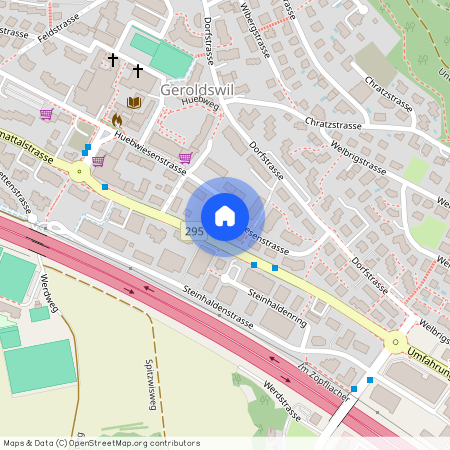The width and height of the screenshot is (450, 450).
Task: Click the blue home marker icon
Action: pos(225,216)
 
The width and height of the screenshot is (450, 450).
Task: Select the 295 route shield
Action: pos(193,231)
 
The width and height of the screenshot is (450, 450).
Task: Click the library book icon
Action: pos(134,102)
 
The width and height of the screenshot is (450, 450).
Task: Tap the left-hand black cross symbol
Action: pos(113,60)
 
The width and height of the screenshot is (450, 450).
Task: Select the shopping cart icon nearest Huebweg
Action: pos(185,157)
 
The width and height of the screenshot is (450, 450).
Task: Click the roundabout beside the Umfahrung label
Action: pos(396,342)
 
